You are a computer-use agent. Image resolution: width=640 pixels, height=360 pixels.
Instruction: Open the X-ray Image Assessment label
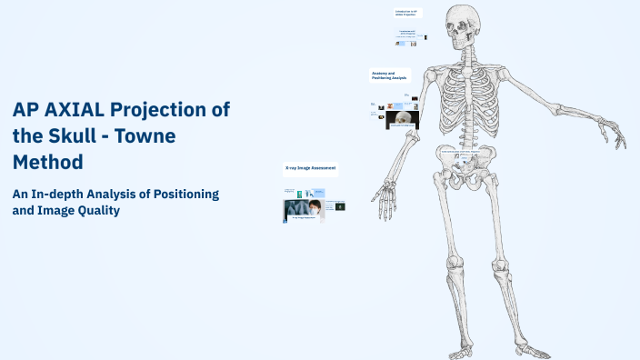coord(310,168)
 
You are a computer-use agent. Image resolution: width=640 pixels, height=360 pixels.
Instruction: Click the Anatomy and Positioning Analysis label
coord(390,75)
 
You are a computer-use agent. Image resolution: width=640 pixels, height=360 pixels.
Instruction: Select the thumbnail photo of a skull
coord(402,117)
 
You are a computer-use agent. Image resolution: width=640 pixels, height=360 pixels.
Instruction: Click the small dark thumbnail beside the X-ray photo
coord(340,206)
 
